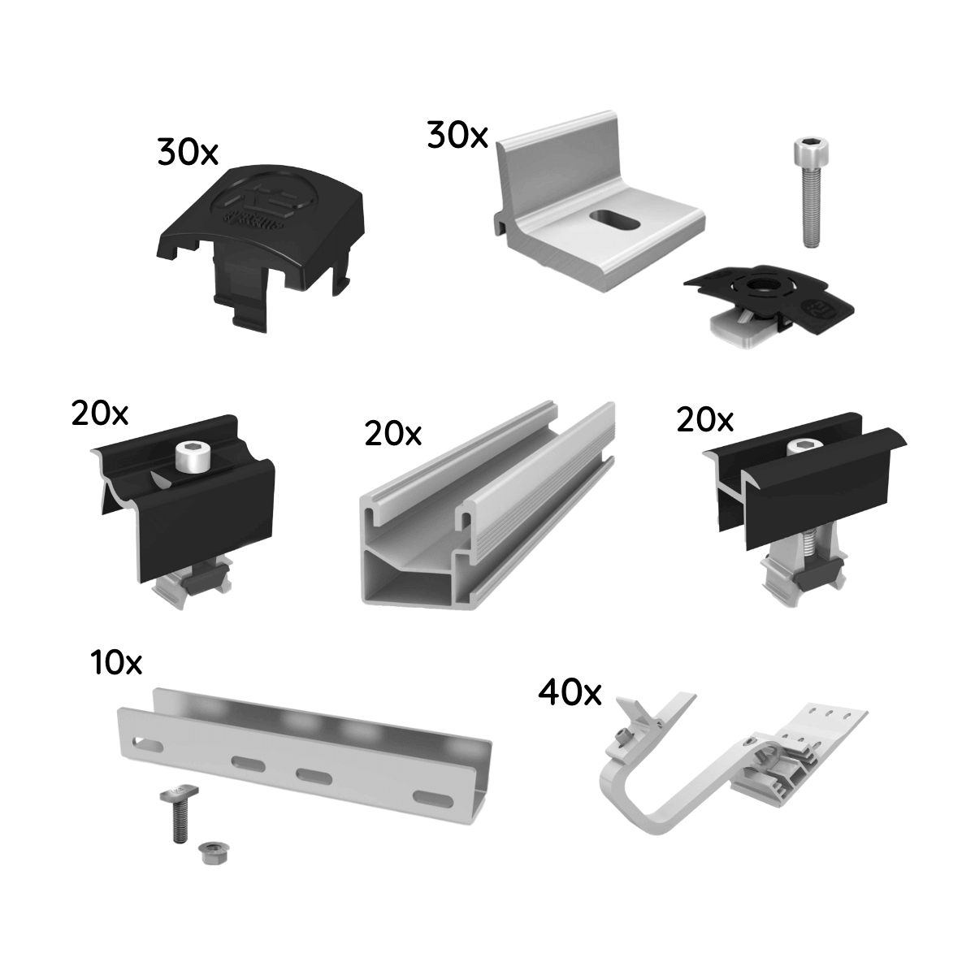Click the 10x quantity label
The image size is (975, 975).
[x=116, y=662]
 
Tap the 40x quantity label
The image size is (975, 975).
[x=570, y=693]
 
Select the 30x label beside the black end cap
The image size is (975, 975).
[x=188, y=152]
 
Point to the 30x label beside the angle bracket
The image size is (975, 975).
[x=457, y=136]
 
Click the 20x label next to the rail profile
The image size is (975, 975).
[x=393, y=434]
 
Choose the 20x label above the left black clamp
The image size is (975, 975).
[x=100, y=414]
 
